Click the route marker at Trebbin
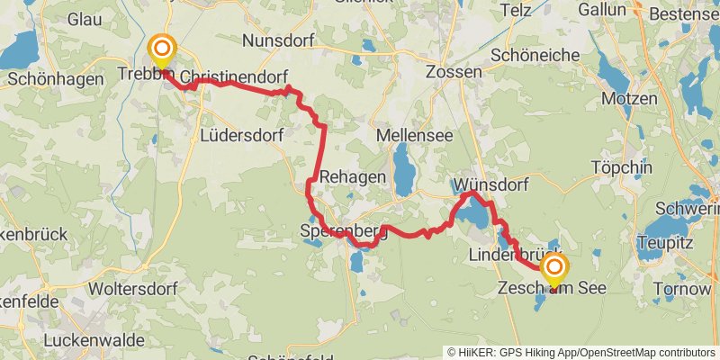162,50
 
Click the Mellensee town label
414,134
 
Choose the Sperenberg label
344,231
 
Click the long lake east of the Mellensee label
402,168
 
